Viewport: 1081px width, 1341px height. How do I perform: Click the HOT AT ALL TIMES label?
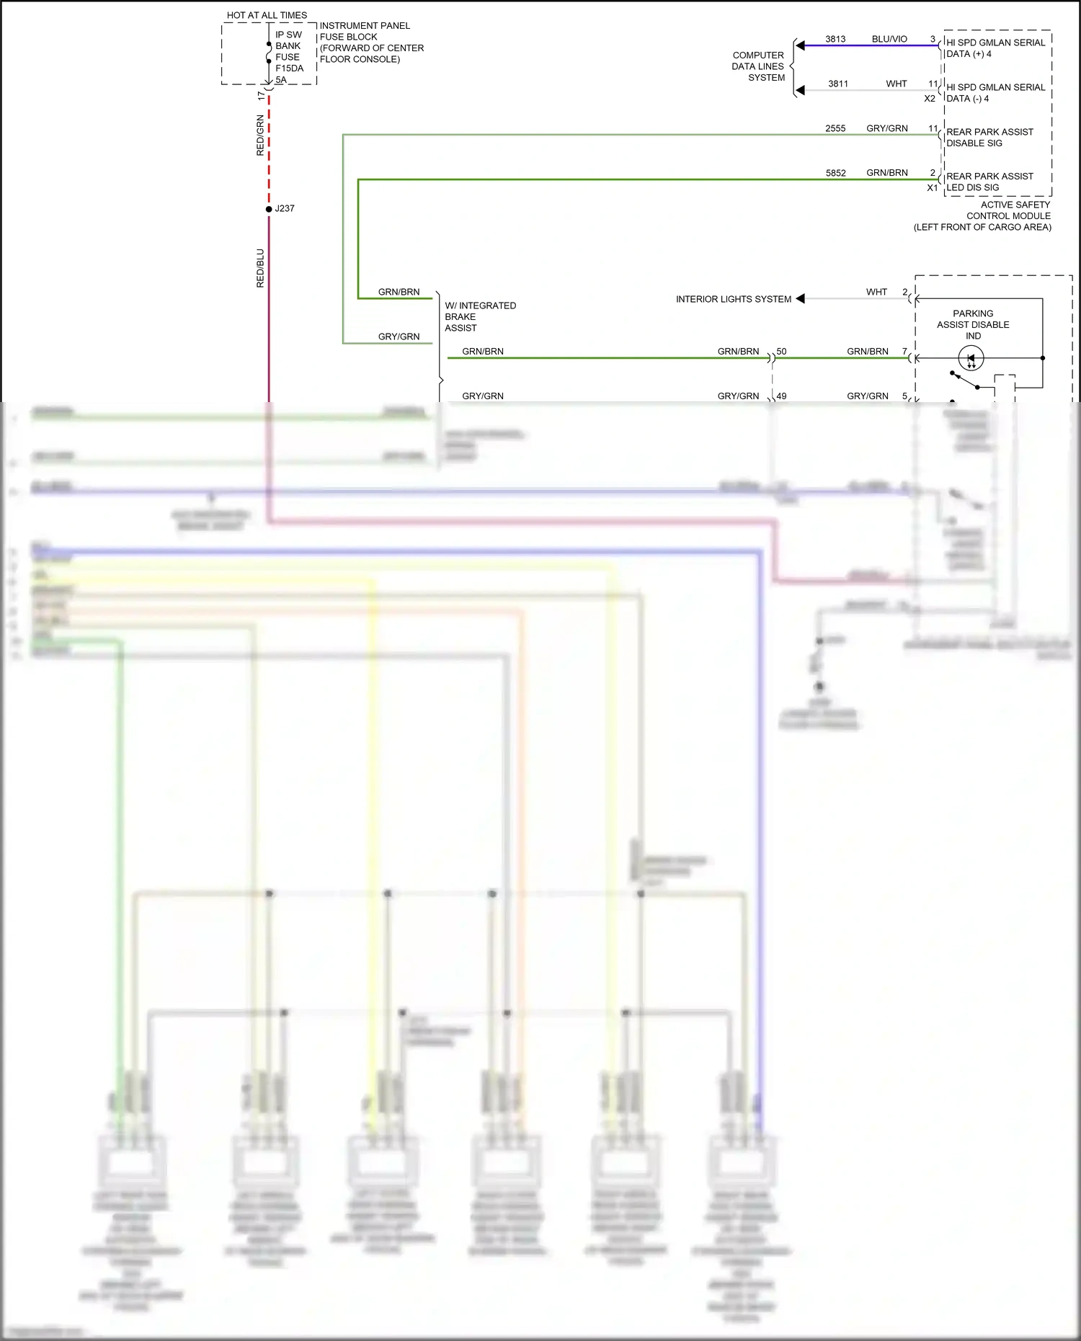[267, 15]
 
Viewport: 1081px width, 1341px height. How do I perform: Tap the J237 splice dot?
[269, 209]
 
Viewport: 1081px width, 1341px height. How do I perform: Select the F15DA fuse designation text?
[289, 68]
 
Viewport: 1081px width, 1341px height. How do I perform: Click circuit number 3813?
[835, 39]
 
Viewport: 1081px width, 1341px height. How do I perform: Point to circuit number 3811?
[837, 84]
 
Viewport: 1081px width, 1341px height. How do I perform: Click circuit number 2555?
[835, 128]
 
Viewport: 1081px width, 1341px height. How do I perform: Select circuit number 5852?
[835, 173]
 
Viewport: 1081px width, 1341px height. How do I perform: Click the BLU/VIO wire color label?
[889, 39]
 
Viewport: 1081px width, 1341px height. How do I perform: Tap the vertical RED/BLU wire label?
[260, 268]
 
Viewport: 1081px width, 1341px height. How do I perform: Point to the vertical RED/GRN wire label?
[260, 135]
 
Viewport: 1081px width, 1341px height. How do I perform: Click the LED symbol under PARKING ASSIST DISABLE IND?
[971, 358]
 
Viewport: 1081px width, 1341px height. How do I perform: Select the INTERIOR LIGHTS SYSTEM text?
[733, 299]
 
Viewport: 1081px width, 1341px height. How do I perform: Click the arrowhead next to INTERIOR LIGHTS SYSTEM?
[800, 299]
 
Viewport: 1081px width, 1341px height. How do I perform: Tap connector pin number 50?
[781, 352]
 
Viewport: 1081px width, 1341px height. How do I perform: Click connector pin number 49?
[781, 396]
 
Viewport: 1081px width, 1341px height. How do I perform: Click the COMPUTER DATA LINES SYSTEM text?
[758, 66]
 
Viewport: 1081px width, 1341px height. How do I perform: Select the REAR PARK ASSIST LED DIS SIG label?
[989, 182]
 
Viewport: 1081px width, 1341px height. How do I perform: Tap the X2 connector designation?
[930, 99]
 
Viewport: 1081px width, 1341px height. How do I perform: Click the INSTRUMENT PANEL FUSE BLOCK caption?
[371, 43]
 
